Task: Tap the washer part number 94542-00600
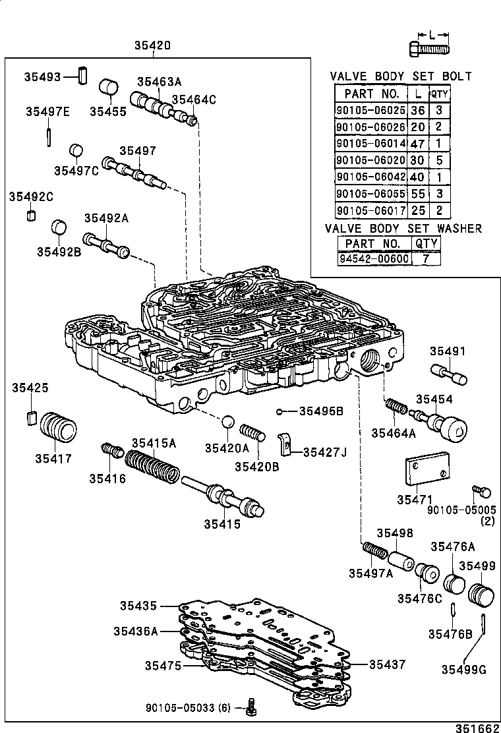374,258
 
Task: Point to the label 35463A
159,82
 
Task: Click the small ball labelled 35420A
227,422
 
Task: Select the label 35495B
321,411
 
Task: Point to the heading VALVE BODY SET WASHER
403,229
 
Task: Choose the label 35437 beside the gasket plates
387,665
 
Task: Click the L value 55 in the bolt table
417,194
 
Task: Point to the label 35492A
105,218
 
